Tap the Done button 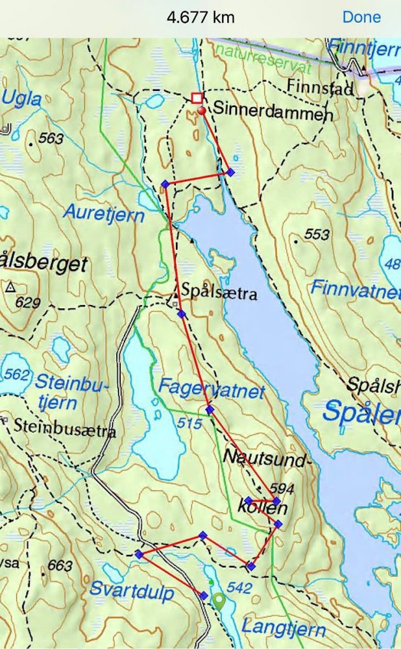point(361,17)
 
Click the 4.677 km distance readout point(200,18)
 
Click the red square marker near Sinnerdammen point(197,98)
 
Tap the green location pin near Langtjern point(220,601)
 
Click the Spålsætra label point(219,293)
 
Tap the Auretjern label point(103,212)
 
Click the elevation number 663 point(59,566)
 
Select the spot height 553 point(317,234)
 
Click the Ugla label point(22,99)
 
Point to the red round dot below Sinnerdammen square point(202,112)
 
